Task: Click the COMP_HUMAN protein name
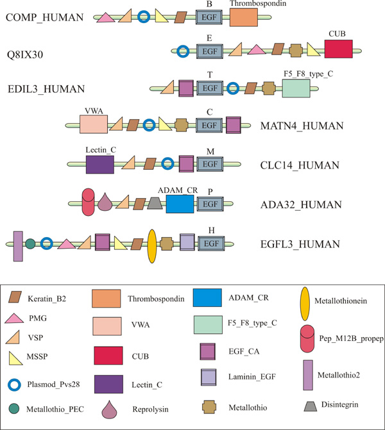[x=44, y=17]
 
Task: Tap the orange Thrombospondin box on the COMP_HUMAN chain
[x=244, y=17]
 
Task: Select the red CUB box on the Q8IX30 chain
[x=338, y=49]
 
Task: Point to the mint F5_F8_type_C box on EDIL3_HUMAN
[x=296, y=88]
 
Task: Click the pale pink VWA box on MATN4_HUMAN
[x=94, y=124]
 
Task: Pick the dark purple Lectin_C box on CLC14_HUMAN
[x=100, y=165]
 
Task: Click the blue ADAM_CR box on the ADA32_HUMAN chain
[x=180, y=204]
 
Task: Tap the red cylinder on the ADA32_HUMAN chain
[x=88, y=202]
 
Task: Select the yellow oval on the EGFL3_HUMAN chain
[x=152, y=246]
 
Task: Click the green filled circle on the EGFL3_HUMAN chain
[x=30, y=244]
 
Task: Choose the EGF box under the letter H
[x=211, y=244]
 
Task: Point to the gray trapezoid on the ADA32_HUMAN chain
[x=155, y=204]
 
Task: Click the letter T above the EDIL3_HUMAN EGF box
[x=210, y=74]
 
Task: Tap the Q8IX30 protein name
[x=25, y=55]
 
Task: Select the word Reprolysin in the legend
[x=151, y=409]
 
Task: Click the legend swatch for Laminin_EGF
[x=209, y=377]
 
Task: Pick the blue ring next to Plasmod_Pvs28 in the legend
[x=14, y=385]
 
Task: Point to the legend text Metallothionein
[x=341, y=301]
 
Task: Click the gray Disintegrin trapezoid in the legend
[x=311, y=406]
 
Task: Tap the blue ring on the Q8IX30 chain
[x=183, y=51]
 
